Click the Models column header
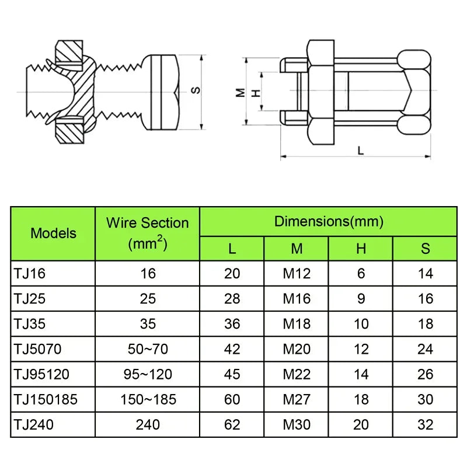pyautogui.click(x=53, y=233)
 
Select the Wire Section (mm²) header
pyautogui.click(x=147, y=233)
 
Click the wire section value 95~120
pyautogui.click(x=148, y=374)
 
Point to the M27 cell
pyautogui.click(x=297, y=399)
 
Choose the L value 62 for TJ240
pyautogui.click(x=232, y=424)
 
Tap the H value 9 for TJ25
pyautogui.click(x=361, y=298)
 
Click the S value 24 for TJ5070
pyautogui.click(x=425, y=349)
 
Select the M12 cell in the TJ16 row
pyautogui.click(x=297, y=273)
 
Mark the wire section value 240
pyautogui.click(x=148, y=424)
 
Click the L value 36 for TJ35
pyautogui.click(x=232, y=324)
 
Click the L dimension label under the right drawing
pyautogui.click(x=360, y=151)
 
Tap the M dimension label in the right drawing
pyautogui.click(x=240, y=92)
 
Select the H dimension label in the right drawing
pyautogui.click(x=254, y=92)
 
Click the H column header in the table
pyautogui.click(x=361, y=249)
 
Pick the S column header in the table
pyautogui.click(x=425, y=249)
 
